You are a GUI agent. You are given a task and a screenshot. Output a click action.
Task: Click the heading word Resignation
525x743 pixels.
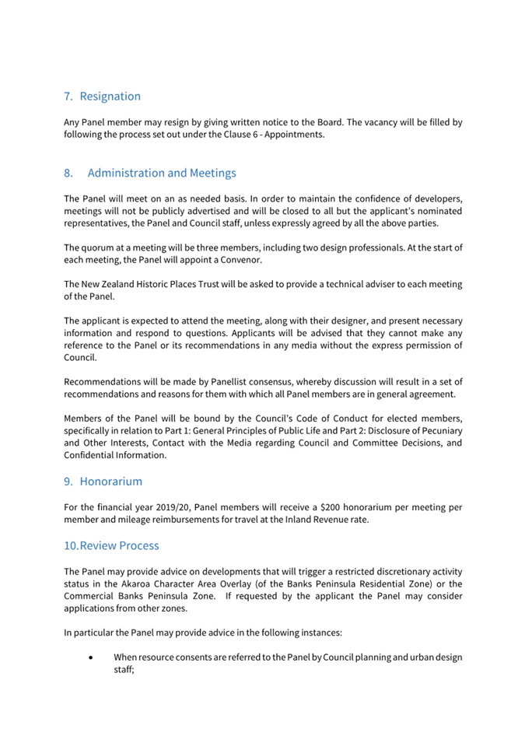coord(110,96)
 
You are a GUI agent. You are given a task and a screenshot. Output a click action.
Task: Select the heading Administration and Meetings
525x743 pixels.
coord(162,173)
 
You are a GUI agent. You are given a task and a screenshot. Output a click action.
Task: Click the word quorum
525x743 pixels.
coord(99,247)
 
